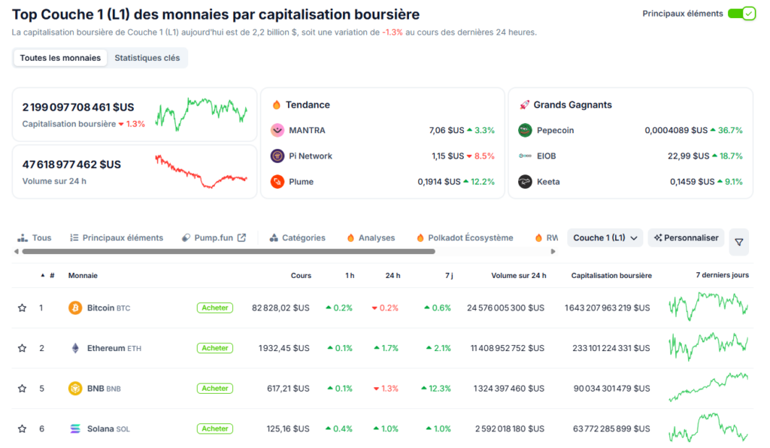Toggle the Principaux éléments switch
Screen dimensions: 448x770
point(741,14)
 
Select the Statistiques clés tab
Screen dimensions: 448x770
point(147,58)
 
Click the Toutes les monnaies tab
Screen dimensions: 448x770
point(60,58)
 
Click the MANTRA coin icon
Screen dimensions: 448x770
point(277,130)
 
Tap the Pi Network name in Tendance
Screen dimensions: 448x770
point(311,156)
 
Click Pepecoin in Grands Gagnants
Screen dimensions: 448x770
point(555,130)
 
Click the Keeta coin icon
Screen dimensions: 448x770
point(525,181)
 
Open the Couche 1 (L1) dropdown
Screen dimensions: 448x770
point(605,238)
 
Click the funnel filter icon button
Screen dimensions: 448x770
point(738,242)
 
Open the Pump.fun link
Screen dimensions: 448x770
point(214,238)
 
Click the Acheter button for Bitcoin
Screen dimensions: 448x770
point(215,307)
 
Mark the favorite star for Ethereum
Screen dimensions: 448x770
point(22,348)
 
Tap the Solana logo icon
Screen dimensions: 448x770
point(75,428)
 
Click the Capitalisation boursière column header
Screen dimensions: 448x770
point(611,276)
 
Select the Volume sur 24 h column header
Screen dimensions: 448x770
point(518,276)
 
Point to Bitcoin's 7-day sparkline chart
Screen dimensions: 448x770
point(708,307)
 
